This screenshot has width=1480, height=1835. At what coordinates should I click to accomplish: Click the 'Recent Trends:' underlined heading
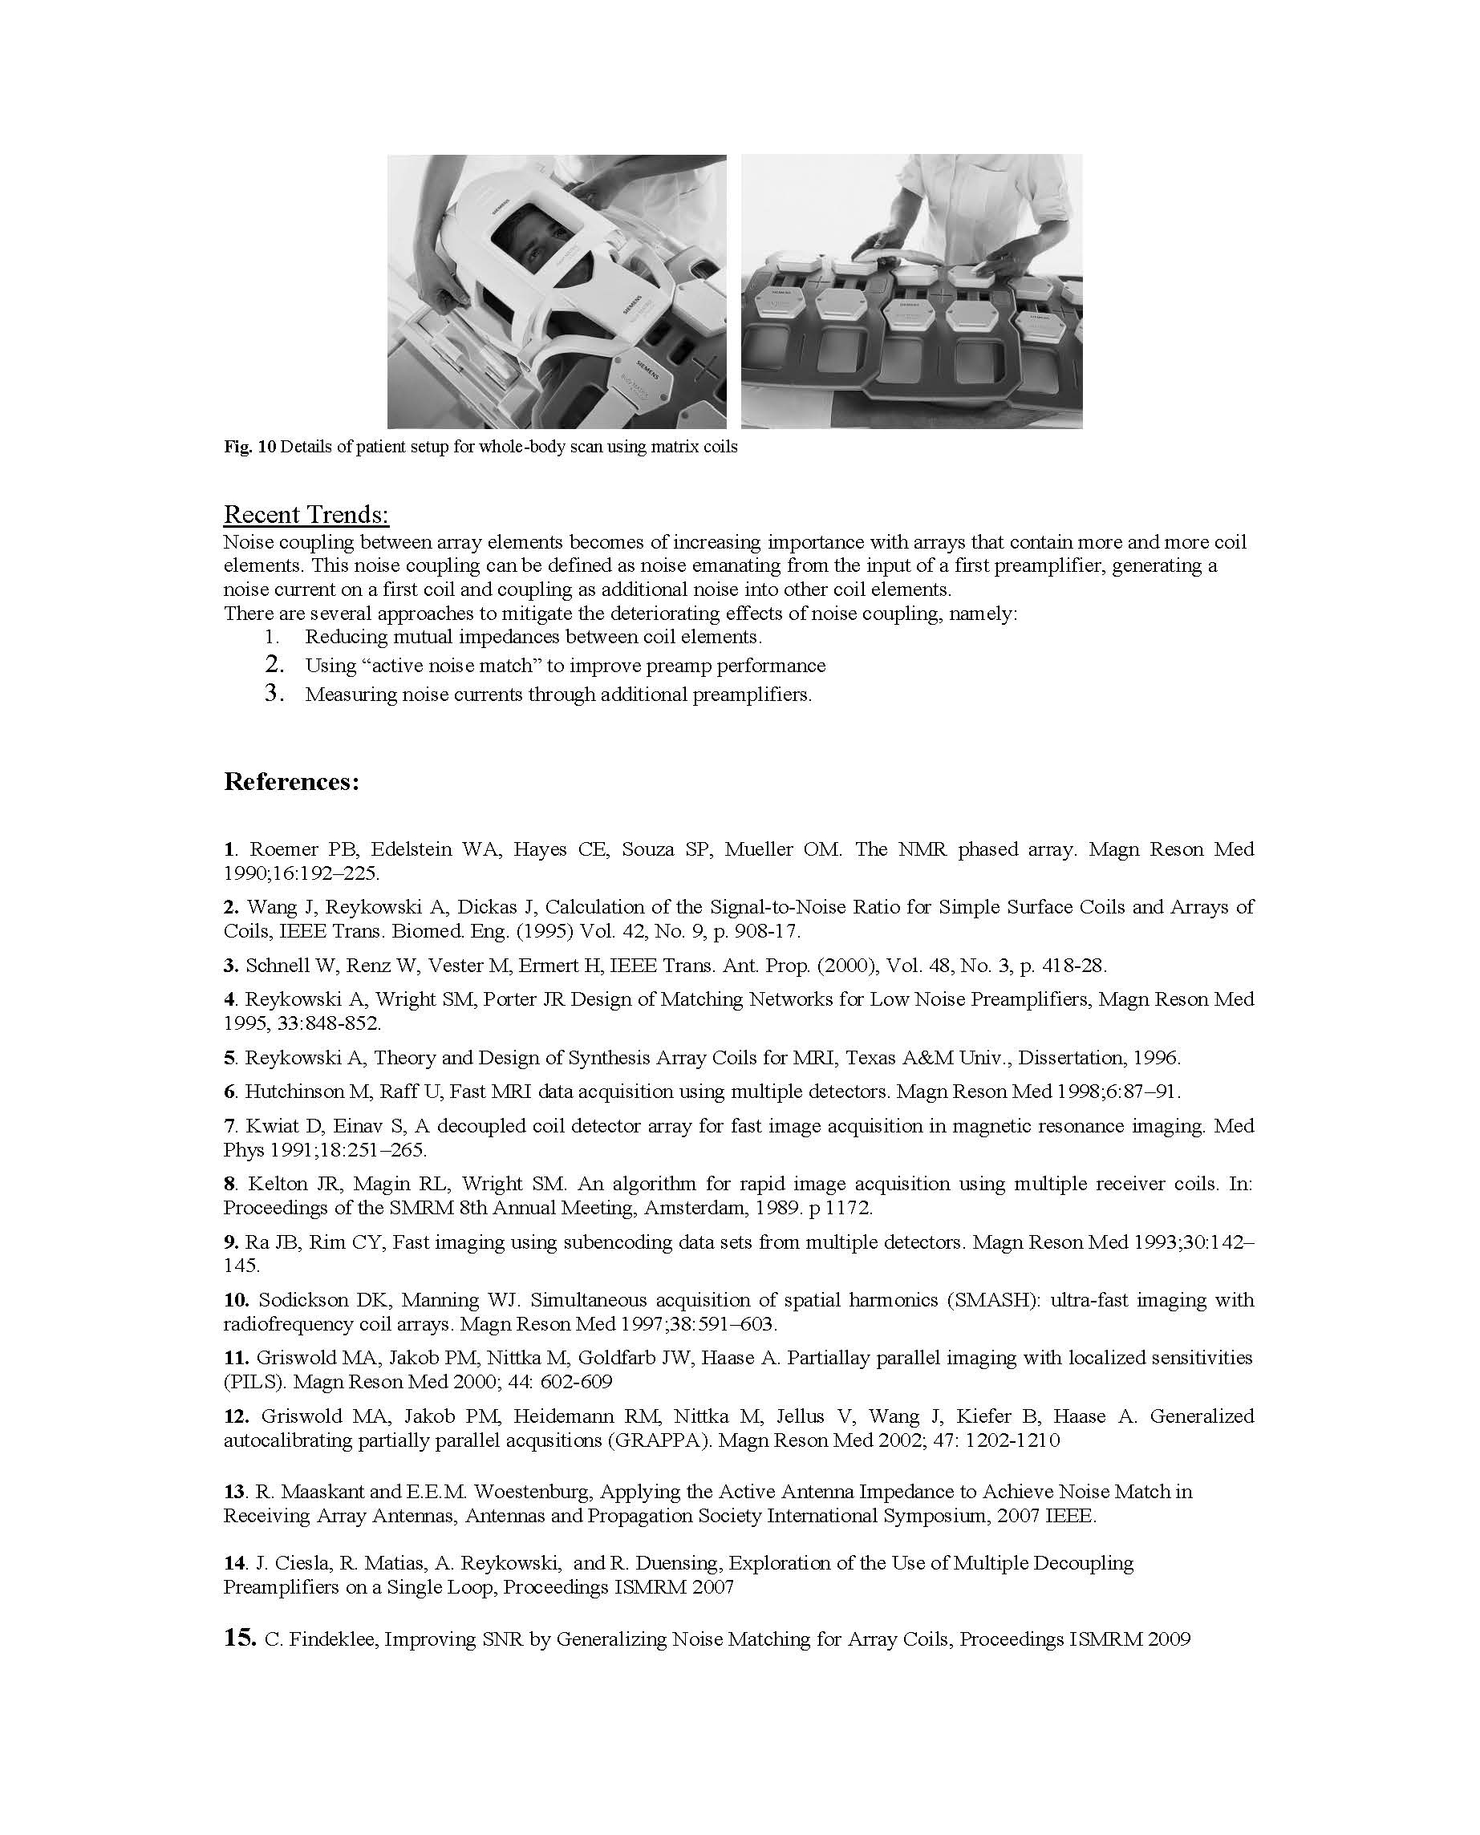306,515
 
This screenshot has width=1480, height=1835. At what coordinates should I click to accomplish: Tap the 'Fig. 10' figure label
249,447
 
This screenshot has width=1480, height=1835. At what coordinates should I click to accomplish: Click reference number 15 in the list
240,1639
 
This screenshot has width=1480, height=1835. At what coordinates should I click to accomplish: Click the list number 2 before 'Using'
274,664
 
